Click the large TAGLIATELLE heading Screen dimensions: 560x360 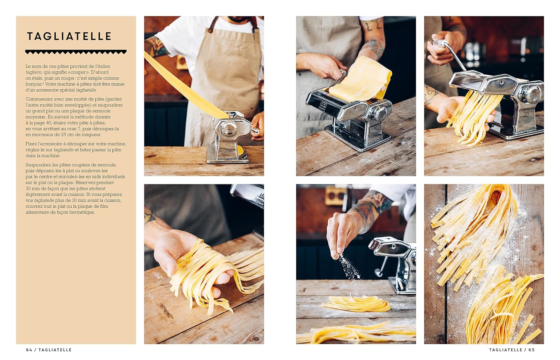(69, 36)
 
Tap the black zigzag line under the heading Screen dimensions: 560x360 (76, 52)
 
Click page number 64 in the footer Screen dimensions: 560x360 (29, 350)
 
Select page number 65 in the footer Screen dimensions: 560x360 (532, 350)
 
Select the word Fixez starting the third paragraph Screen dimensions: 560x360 (31, 144)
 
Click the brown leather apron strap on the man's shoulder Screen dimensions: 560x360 (212, 25)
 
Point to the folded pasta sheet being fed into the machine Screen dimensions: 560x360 (360, 80)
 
